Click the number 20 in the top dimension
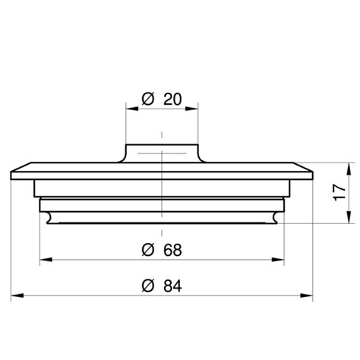coord(171,98)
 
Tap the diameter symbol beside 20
coord(148,98)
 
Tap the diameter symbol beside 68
coord(148,249)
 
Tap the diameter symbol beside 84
coord(148,286)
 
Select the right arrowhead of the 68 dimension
coord(281,259)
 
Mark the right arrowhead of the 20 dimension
coord(195,108)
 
